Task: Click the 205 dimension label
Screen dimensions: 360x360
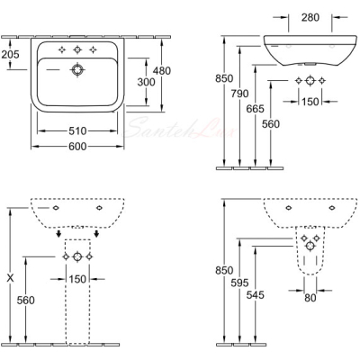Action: (10, 54)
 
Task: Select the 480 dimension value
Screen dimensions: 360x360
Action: (162, 71)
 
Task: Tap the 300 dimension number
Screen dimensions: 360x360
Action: (146, 82)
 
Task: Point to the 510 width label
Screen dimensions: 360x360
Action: (77, 131)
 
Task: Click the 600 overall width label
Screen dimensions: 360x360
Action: (77, 147)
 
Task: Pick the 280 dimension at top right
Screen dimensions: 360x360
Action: (310, 18)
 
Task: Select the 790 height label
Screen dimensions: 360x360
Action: (239, 94)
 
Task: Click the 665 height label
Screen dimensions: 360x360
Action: (255, 109)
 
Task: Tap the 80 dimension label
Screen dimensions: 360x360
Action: (310, 298)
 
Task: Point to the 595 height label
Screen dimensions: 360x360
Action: (239, 283)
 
